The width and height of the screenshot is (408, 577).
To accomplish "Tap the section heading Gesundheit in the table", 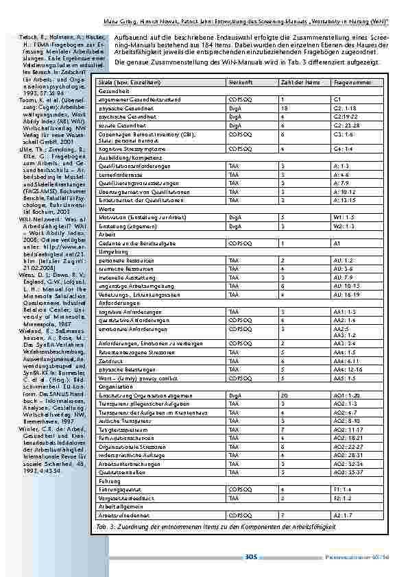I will click(x=113, y=90).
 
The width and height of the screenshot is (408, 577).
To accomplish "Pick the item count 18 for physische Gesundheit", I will click(x=284, y=108).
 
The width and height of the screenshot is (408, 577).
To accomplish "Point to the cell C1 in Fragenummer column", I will click(x=337, y=99).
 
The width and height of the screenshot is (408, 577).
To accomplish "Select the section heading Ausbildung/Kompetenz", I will click(x=125, y=157).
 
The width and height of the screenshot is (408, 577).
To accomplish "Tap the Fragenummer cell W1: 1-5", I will click(x=344, y=216).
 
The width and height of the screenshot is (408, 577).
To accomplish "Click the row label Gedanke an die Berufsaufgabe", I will click(x=136, y=243).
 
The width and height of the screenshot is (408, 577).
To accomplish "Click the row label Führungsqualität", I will click(x=121, y=489).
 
